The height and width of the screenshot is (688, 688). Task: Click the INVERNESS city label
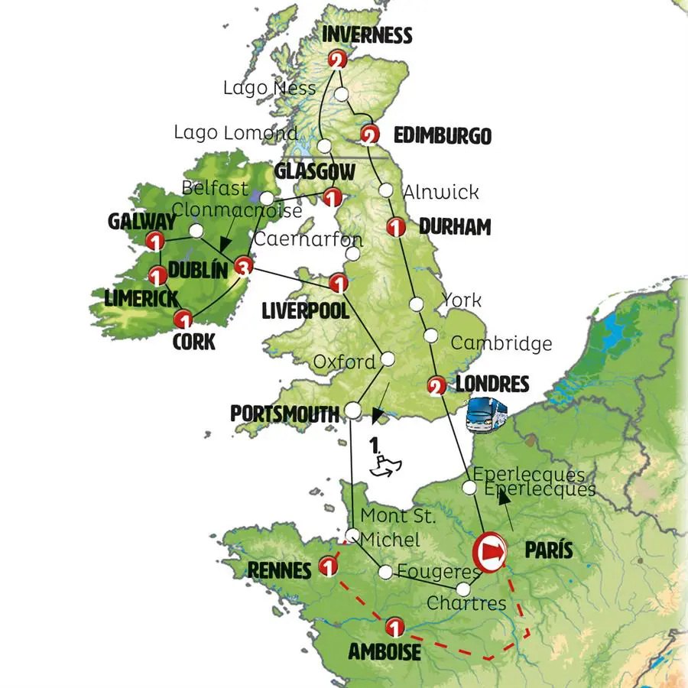368,35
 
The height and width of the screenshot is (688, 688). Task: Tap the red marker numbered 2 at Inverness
336,60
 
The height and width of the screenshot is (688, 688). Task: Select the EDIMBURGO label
441,136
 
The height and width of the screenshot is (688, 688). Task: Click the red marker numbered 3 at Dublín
242,266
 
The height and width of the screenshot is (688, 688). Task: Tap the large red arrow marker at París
490,550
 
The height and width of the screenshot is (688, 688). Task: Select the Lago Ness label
269,88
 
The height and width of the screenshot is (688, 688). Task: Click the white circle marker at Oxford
388,359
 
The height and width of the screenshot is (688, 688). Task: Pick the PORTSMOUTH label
284,414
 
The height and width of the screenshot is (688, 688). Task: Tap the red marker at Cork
183,319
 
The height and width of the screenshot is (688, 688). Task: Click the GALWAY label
143,222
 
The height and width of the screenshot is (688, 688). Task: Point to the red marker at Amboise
394,627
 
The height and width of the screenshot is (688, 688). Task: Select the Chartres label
466,603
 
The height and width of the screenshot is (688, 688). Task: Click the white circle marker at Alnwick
387,190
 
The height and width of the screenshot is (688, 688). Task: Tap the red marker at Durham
395,227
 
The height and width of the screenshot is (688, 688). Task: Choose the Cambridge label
501,343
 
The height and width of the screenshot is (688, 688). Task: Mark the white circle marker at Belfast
267,199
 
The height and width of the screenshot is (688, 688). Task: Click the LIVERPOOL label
305,311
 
